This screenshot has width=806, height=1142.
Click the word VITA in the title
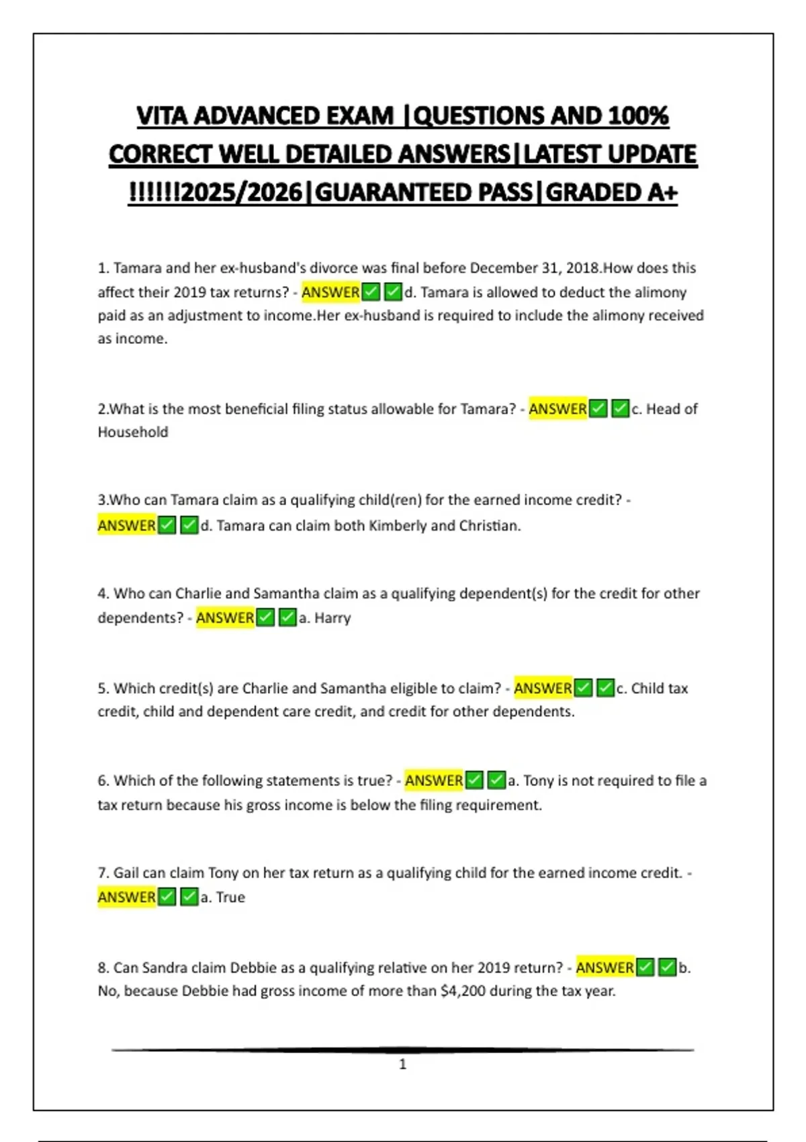162,116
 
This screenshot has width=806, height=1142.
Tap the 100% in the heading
638,116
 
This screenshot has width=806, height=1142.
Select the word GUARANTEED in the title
423,193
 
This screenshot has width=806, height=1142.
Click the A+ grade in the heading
662,193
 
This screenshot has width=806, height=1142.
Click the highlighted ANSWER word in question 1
330,292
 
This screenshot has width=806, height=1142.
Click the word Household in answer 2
133,432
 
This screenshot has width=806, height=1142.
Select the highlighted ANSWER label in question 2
557,408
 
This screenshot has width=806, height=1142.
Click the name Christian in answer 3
488,525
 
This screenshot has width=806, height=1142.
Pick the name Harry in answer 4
332,617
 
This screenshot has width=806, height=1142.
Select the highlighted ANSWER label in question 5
543,688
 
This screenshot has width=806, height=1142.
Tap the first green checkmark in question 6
475,780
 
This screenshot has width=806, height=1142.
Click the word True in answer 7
230,897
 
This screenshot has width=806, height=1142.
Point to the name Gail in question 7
126,873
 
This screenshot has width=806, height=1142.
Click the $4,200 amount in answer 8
463,991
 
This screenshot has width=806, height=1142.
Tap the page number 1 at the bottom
403,1064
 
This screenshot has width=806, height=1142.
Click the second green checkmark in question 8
667,967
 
